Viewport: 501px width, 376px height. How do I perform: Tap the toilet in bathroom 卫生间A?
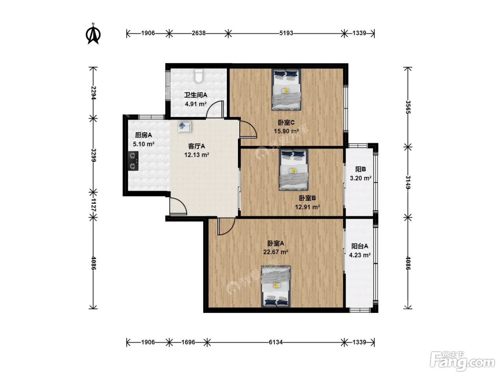[x=199, y=76]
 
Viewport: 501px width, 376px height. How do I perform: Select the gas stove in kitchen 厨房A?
[x=133, y=161]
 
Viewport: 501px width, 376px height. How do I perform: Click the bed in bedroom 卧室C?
[x=286, y=90]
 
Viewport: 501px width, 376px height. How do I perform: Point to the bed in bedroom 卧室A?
[x=276, y=286]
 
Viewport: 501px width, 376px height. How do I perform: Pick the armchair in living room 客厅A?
[x=185, y=126]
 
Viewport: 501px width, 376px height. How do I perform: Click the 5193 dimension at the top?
[x=286, y=33]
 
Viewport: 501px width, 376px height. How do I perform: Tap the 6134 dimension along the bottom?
[x=276, y=342]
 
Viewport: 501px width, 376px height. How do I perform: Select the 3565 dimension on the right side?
[x=408, y=107]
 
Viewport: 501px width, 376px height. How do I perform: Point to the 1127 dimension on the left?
[x=93, y=205]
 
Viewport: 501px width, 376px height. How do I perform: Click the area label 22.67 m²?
[x=276, y=252]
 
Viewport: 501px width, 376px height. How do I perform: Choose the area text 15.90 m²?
[x=286, y=131]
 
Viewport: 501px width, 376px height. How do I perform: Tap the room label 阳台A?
[x=360, y=246]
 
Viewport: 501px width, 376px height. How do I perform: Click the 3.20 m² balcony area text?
[x=360, y=178]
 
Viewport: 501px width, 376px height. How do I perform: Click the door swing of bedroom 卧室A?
[x=226, y=226]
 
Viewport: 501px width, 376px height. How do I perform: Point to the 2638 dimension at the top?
[x=198, y=33]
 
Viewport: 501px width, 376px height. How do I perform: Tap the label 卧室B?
[x=307, y=198]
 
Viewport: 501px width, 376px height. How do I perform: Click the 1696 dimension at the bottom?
[x=188, y=342]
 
